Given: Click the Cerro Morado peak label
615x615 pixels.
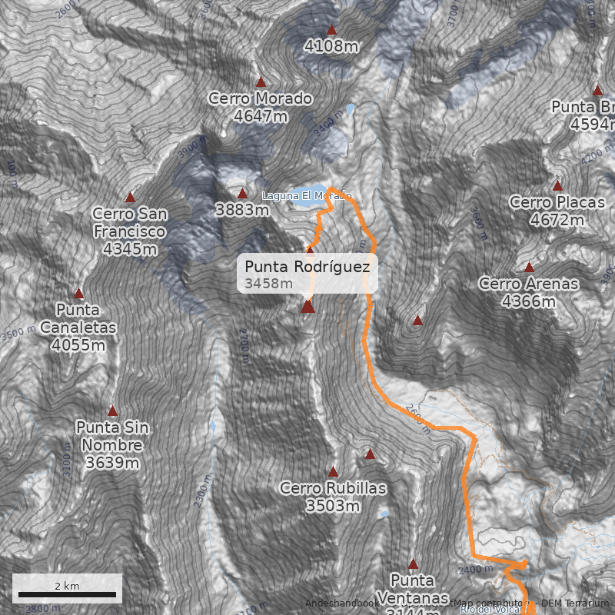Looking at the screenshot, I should point(261,99).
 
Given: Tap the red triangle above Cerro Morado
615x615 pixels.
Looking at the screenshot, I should point(261,82).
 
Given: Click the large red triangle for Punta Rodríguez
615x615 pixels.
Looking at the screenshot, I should point(308,307).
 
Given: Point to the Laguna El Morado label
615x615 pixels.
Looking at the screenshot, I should point(306,196).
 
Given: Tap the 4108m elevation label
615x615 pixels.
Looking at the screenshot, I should point(331,46).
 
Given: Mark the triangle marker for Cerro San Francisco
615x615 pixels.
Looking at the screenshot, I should point(130,198).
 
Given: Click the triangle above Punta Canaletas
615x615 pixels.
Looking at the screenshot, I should point(78,294).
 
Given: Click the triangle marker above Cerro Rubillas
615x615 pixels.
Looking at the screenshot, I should point(333,471).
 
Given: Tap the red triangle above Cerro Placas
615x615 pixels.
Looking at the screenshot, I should point(557,186).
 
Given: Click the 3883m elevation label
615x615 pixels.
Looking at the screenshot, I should point(241,209).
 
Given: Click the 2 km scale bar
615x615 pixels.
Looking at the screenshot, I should point(67,593).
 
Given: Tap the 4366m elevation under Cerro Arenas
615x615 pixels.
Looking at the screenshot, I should point(529,301).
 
